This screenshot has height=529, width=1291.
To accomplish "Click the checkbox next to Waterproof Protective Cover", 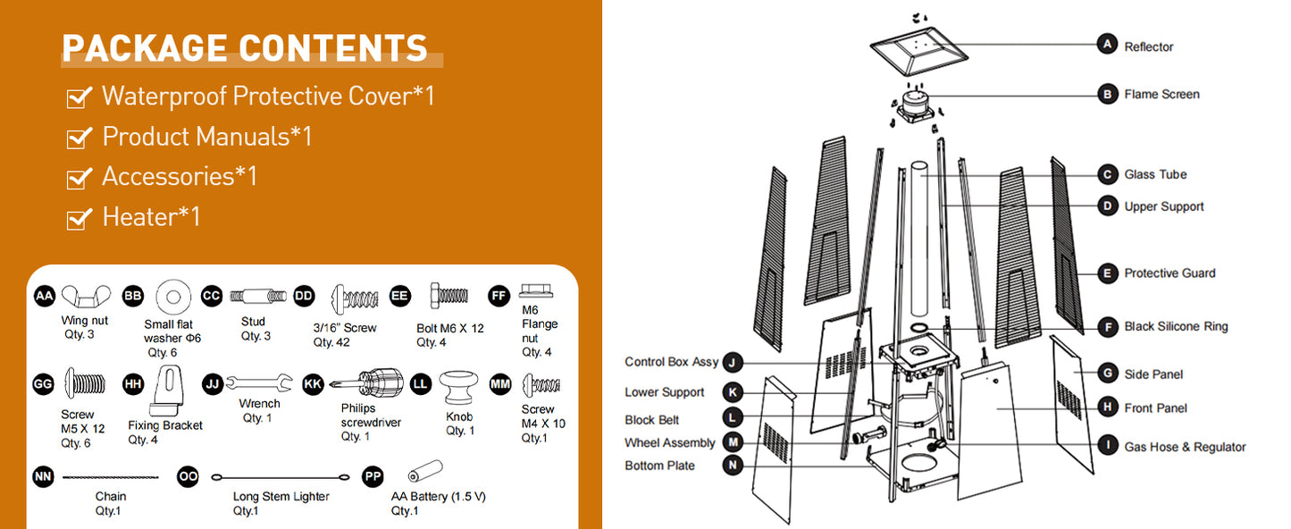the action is tap(79, 97).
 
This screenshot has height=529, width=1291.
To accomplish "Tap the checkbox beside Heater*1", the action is tap(79, 218).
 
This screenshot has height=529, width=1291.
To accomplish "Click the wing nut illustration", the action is tap(86, 296).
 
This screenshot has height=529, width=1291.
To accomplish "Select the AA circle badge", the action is tap(44, 296).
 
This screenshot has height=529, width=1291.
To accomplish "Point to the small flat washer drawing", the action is tap(173, 298).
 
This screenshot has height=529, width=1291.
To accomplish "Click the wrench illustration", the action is tap(259, 383).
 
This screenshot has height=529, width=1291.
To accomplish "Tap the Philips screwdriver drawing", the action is tap(366, 382).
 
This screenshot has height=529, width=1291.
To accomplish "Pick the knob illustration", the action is tap(458, 387).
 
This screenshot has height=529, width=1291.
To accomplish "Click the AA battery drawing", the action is tap(424, 471).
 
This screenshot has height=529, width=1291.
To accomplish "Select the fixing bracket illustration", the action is tap(168, 390).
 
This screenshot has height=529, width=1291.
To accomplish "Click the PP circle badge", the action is tap(373, 476).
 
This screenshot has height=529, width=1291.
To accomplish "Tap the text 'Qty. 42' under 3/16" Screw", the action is tap(331, 342).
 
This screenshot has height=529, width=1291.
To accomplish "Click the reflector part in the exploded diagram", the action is tap(918, 51).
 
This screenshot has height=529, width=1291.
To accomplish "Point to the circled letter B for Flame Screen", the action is tap(1107, 94).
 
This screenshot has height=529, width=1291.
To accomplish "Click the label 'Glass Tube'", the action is tap(1155, 174).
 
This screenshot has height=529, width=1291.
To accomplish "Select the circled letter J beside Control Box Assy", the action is tap(732, 363).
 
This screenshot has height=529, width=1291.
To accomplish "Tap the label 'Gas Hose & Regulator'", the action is tap(1185, 447).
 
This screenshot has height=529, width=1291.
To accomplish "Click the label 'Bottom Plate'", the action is tap(659, 466).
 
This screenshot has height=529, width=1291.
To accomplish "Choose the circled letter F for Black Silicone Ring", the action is tap(1107, 327).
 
